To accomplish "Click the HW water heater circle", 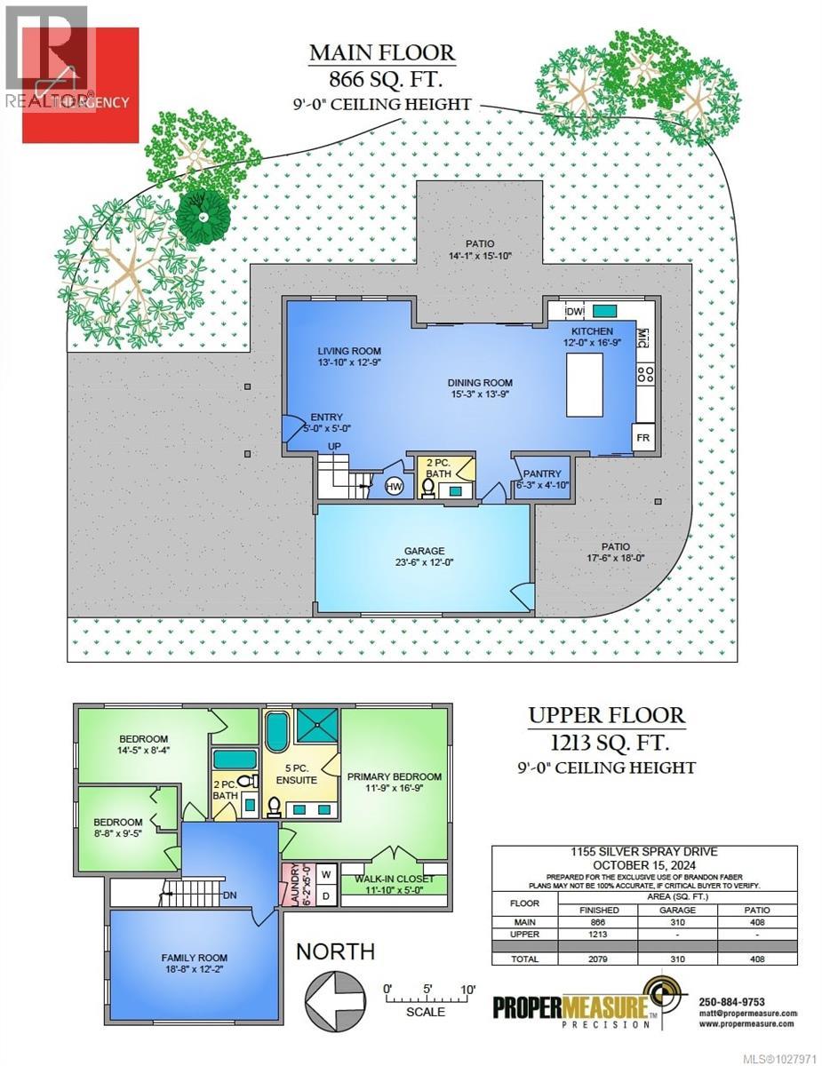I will (394, 485).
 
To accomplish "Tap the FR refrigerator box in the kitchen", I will (642, 438).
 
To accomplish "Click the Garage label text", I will (423, 551).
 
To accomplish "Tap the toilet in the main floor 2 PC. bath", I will (427, 487).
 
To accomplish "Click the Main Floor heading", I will (381, 52).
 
